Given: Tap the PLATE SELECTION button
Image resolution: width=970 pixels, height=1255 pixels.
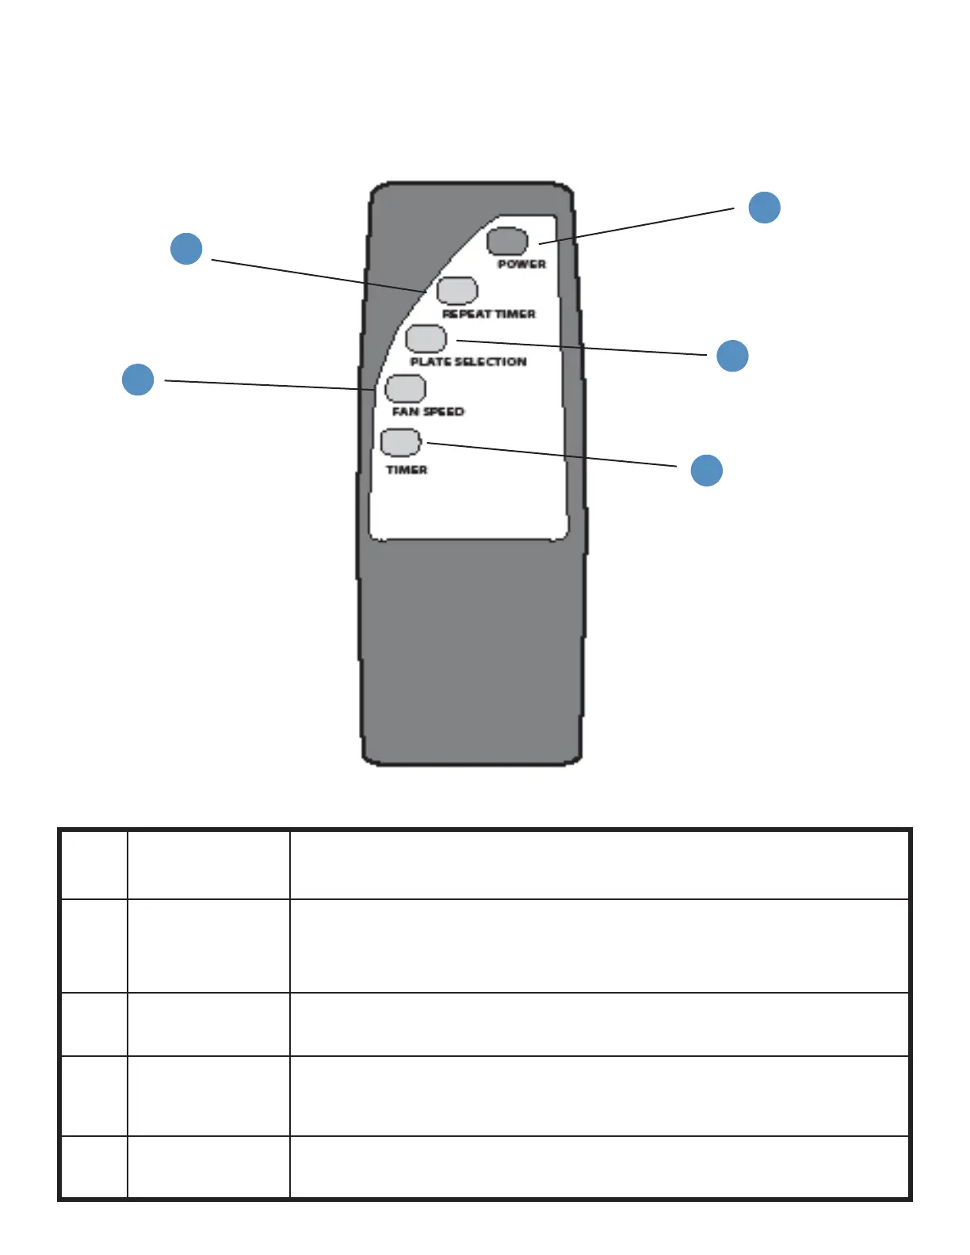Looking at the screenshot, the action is (426, 338).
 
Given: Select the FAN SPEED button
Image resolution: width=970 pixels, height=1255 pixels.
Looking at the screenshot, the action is (405, 388).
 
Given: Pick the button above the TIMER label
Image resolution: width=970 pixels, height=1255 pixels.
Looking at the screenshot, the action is (400, 442).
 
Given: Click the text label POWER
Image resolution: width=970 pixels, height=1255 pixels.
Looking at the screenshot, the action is (521, 264).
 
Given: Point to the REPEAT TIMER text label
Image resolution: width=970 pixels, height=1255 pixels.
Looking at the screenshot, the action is (488, 314).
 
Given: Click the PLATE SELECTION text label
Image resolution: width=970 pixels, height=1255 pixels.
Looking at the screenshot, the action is (468, 362).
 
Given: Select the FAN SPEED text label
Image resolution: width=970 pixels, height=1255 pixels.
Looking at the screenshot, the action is (428, 411).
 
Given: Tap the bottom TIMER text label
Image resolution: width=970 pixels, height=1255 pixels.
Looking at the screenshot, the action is (407, 470).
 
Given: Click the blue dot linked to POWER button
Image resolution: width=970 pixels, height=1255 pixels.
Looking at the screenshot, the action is (765, 207).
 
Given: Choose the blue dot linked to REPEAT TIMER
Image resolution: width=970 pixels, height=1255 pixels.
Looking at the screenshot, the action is (186, 248).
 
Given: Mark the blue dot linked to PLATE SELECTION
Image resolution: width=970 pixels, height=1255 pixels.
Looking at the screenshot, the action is (732, 355).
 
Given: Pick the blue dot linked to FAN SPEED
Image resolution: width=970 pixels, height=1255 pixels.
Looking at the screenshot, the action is (138, 379).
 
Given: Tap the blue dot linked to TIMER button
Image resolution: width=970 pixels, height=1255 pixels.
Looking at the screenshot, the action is (706, 470).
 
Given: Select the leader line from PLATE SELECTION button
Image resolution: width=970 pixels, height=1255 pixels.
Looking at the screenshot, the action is (582, 348).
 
